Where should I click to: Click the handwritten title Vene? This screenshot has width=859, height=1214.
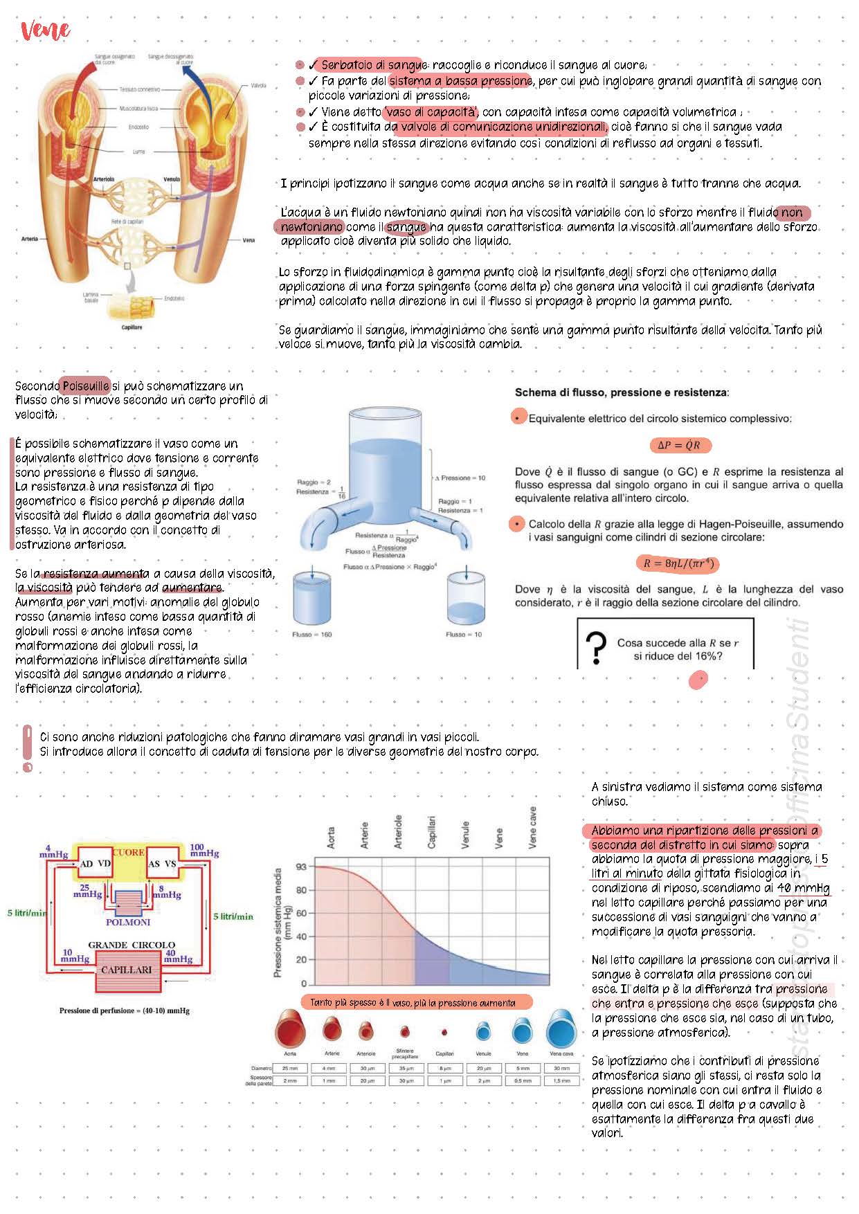46,30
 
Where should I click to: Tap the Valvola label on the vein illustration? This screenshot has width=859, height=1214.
258,85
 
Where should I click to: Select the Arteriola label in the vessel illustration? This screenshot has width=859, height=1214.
104,179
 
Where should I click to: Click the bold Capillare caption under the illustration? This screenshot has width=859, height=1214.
132,327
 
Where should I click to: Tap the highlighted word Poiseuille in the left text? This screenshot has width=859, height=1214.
86,386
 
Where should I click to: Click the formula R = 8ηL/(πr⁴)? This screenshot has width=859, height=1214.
678,563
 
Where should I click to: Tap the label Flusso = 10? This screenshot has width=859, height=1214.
464,634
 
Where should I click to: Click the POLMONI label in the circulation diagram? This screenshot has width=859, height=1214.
128,922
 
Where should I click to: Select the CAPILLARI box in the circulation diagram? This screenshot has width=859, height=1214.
127,970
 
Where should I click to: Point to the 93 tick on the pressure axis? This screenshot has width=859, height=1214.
300,867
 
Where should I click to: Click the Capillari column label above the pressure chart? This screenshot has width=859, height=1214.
432,833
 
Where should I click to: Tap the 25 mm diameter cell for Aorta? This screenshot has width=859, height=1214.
290,1068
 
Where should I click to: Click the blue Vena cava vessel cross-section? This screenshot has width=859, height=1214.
561,1030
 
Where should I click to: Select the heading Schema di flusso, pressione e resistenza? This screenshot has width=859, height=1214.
621,392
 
